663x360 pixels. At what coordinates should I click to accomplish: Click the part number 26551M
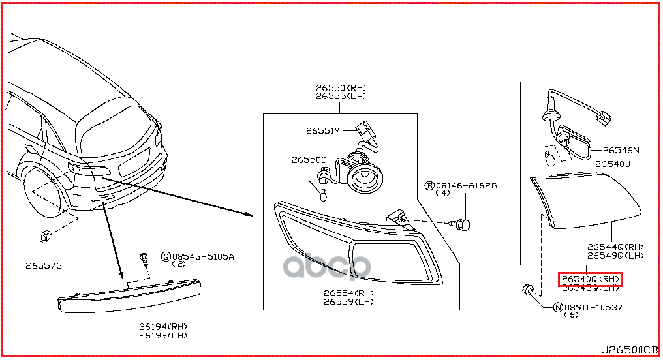pos(323,131)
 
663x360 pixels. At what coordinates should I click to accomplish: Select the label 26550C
pos(309,160)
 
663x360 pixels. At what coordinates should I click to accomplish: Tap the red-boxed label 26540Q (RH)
pos(590,280)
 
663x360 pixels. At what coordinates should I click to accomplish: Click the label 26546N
pos(621,150)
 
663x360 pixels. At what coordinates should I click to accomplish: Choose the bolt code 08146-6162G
pos(466,186)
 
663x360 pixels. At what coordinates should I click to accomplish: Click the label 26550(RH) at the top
pos(341,87)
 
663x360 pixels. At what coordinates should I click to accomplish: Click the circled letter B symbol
pos(429,186)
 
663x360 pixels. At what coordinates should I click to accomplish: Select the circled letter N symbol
pos(558,307)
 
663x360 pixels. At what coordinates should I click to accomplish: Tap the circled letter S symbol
pos(166,256)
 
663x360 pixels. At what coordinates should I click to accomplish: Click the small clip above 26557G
pos(44,236)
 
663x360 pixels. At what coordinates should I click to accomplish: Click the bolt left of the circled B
pos(463,225)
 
